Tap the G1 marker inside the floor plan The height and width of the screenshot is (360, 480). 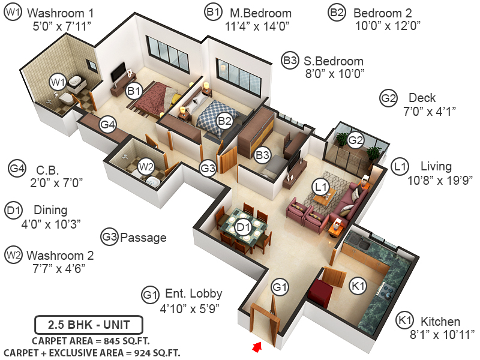(x=280, y=287)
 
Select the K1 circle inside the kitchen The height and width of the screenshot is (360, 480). (x=358, y=287)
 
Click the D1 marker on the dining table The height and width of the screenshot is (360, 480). (x=242, y=227)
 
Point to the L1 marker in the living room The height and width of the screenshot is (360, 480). (x=320, y=187)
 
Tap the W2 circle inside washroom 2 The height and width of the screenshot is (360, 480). (x=146, y=166)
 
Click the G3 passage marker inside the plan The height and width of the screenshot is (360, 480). (x=208, y=169)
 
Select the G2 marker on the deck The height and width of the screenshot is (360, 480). (x=356, y=140)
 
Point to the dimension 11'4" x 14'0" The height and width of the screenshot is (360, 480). (x=257, y=26)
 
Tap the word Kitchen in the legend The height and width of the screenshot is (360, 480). (x=440, y=322)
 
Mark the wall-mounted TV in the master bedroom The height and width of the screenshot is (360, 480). (x=120, y=71)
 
